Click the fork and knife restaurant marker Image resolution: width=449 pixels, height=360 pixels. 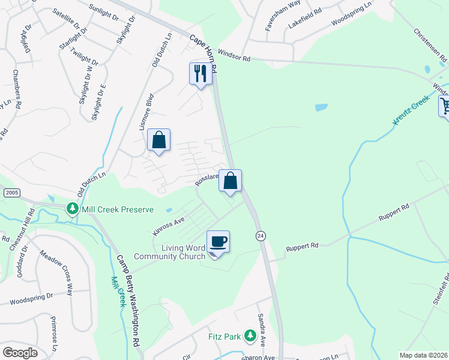point(200,74)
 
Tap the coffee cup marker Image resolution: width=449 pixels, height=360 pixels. point(218,242)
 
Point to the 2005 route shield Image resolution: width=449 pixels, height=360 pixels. point(11,192)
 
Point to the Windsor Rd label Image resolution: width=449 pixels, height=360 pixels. point(234,57)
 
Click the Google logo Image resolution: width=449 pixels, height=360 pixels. point(19,353)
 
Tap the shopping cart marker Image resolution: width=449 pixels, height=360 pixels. point(445,107)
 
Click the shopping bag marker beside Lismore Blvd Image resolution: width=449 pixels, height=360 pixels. point(159,140)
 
